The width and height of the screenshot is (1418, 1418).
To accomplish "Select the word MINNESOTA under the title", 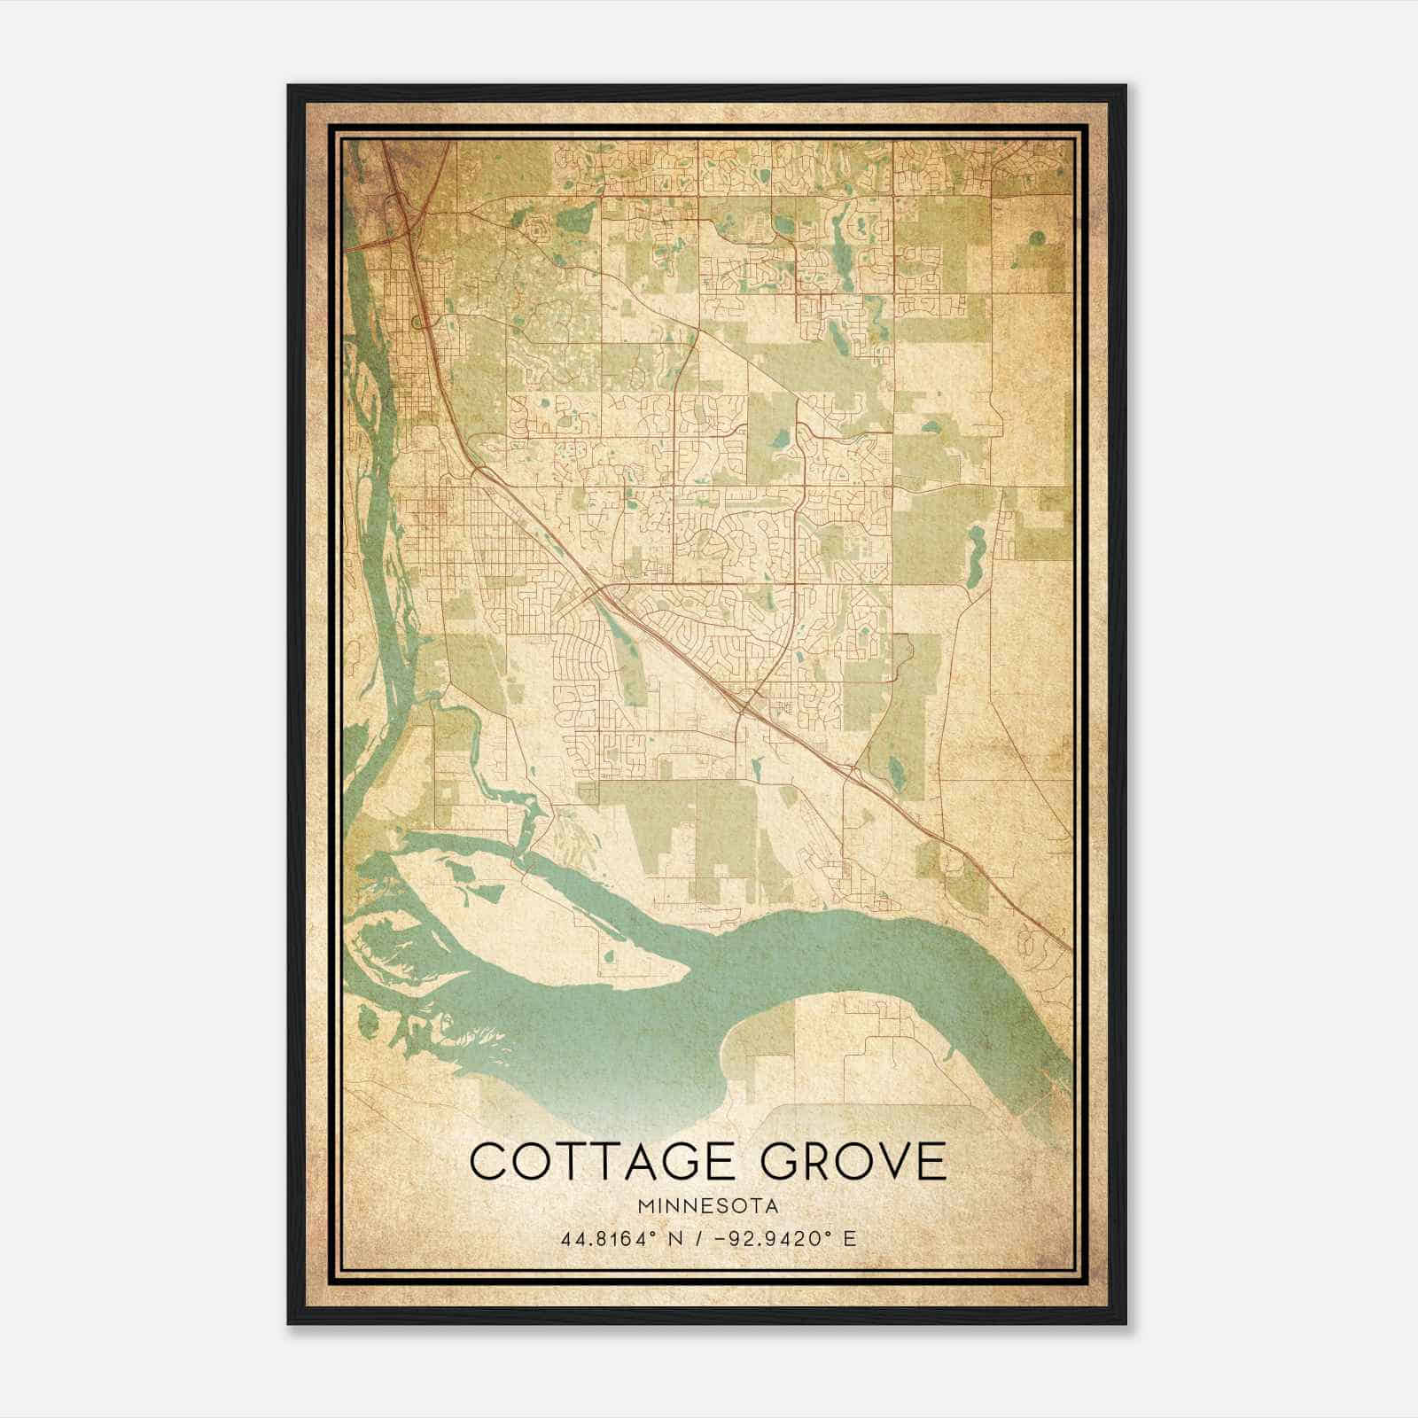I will coord(708,1206).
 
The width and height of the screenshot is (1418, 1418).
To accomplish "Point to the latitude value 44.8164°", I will coord(611,1238).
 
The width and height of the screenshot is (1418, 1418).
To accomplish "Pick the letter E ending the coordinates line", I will coord(850,1238).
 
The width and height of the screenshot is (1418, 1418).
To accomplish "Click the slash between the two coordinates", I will coord(701,1238).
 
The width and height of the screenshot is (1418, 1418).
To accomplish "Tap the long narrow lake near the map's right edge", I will coord(976,556).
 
